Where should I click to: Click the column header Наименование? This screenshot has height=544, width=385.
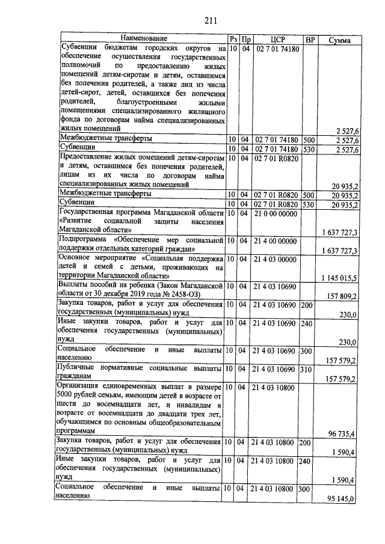click(x=143, y=39)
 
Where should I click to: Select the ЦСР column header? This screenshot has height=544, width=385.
click(x=277, y=40)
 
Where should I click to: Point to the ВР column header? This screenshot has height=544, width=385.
click(x=310, y=40)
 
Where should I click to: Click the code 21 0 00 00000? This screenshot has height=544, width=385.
click(x=277, y=213)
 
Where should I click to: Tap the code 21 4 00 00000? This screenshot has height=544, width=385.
click(x=277, y=241)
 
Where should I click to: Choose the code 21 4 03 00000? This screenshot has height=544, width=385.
click(x=277, y=259)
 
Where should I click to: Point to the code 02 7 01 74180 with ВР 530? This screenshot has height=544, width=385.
click(x=277, y=148)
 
